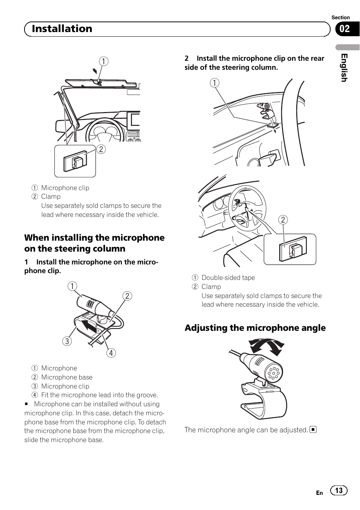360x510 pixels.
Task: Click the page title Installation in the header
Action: click(62, 29)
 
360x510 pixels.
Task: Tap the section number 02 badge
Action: click(345, 29)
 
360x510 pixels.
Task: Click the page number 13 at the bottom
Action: click(338, 490)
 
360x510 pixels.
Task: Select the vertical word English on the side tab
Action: click(344, 68)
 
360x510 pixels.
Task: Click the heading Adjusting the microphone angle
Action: click(255, 328)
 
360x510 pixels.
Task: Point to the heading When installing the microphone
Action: click(94, 238)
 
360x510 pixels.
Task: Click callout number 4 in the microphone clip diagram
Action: click(111, 353)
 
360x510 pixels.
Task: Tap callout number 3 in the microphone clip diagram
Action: click(67, 341)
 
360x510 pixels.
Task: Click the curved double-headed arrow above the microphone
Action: click(266, 346)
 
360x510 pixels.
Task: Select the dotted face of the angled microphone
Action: click(274, 373)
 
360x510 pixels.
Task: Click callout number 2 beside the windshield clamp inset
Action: click(101, 149)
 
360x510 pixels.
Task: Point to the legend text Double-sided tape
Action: click(228, 278)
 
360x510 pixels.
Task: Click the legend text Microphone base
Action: click(67, 377)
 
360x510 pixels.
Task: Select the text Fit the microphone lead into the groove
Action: click(100, 395)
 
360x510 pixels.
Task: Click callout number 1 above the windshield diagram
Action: click(103, 61)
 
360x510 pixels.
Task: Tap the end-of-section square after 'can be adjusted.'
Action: click(313, 430)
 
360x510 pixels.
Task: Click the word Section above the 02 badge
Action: click(340, 17)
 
